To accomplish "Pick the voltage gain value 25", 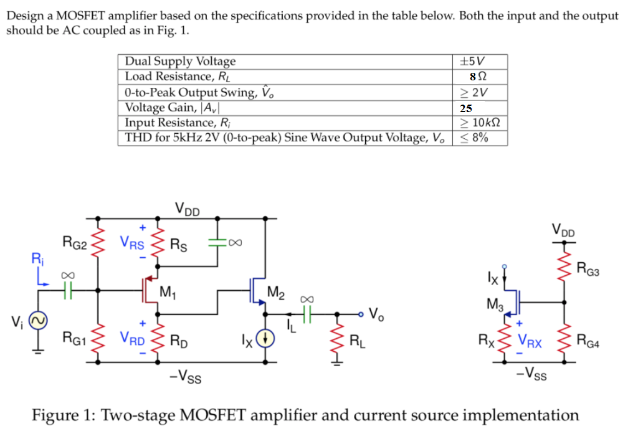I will [x=465, y=108].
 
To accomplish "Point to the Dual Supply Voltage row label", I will [x=180, y=61].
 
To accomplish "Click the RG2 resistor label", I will [x=74, y=241].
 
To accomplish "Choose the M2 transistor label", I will [x=276, y=291].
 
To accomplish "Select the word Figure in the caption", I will [x=62, y=415].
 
